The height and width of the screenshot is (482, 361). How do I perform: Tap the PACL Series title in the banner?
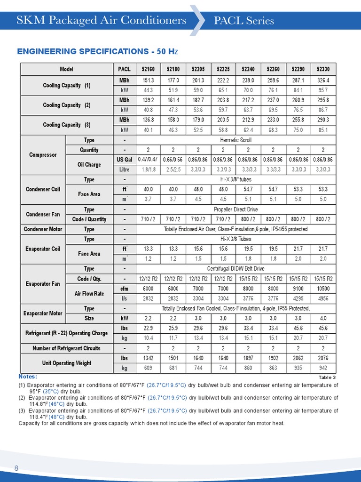(x=243, y=21)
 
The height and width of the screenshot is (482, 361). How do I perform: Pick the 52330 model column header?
(x=323, y=69)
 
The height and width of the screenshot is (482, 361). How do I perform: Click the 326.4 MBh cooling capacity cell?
(x=323, y=80)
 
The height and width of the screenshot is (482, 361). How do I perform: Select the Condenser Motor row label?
(x=43, y=229)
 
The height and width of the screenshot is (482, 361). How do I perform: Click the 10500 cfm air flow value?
(x=323, y=289)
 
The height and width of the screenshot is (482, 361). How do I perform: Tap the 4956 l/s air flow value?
(x=323, y=298)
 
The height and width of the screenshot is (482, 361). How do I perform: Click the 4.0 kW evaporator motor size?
(x=323, y=318)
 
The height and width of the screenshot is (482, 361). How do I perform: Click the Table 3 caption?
(x=327, y=378)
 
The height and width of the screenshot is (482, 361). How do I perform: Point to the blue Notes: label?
(x=28, y=377)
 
